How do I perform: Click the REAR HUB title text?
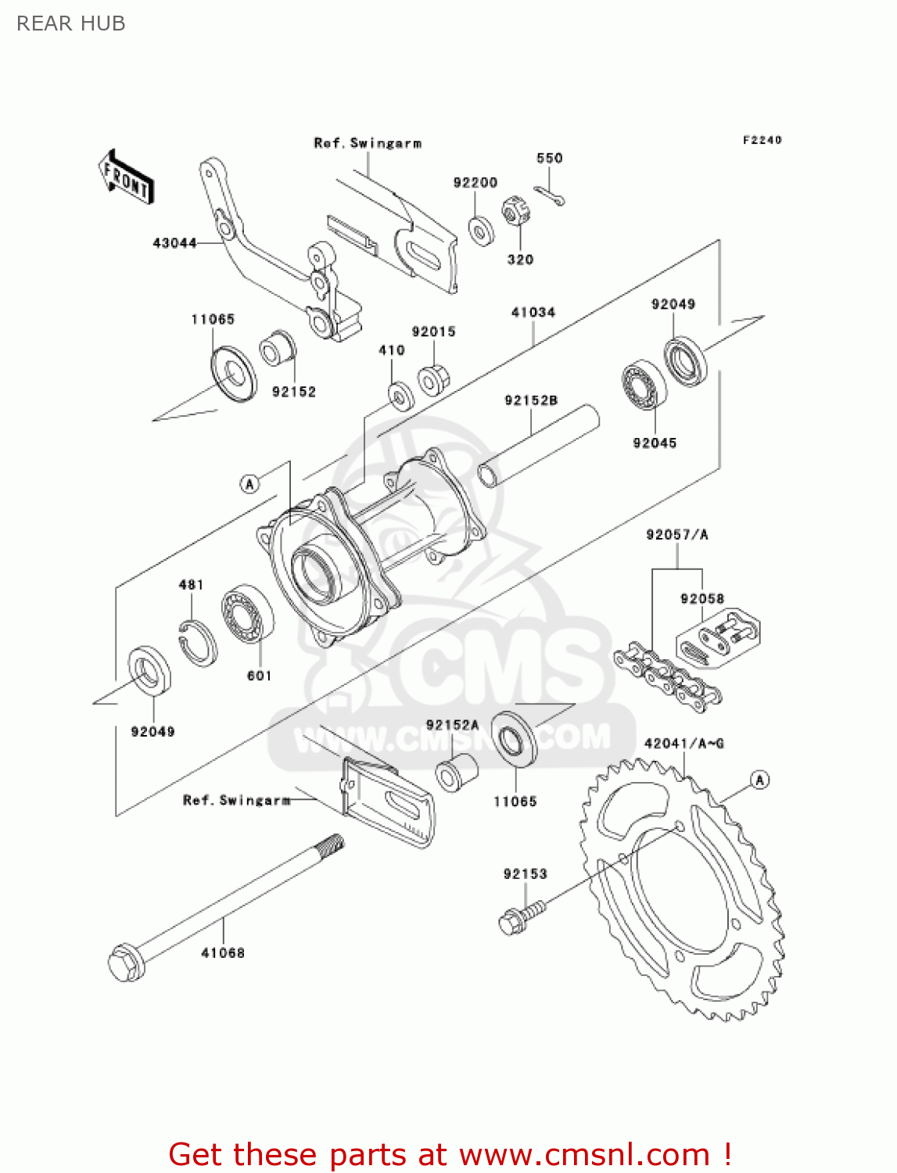pyautogui.click(x=71, y=23)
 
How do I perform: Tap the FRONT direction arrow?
pyautogui.click(x=126, y=178)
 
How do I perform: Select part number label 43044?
pyautogui.click(x=174, y=243)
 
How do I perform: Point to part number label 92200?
pyautogui.click(x=475, y=182)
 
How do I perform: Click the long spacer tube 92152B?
pyautogui.click(x=540, y=445)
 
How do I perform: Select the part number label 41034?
pyautogui.click(x=533, y=312)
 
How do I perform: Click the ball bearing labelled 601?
pyautogui.click(x=248, y=614)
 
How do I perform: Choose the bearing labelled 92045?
pyautogui.click(x=644, y=386)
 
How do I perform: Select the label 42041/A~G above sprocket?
pyautogui.click(x=684, y=743)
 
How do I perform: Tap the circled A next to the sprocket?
pyautogui.click(x=759, y=780)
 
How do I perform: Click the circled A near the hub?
pyautogui.click(x=249, y=484)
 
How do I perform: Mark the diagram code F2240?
pyautogui.click(x=762, y=140)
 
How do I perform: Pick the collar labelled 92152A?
pyautogui.click(x=457, y=772)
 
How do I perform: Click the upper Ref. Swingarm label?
pyautogui.click(x=368, y=143)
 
